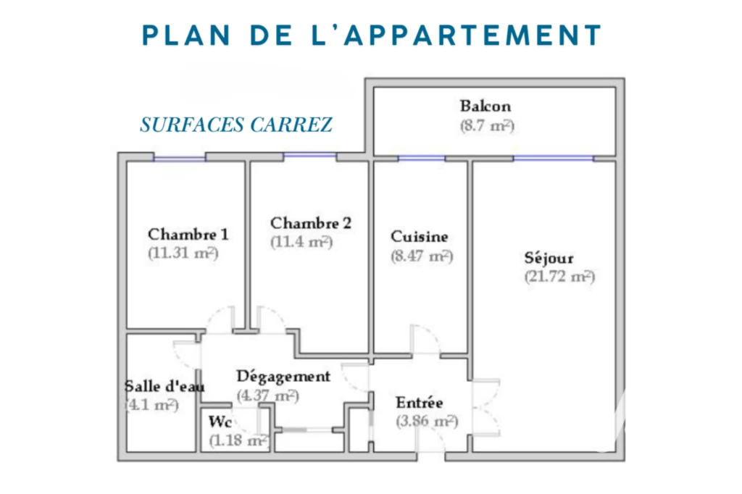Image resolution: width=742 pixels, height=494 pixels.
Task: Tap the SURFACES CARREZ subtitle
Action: tap(236, 125)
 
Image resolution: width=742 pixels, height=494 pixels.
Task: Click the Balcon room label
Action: tap(485, 106)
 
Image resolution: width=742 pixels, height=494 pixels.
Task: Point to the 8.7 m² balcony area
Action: tap(487, 126)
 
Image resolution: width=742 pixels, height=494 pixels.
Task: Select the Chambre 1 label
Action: tap(188, 234)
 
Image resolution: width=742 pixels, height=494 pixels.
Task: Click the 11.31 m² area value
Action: tap(183, 253)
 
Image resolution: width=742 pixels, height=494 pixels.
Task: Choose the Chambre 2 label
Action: tap(311, 222)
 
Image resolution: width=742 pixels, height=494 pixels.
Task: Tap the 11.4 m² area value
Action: tap(301, 242)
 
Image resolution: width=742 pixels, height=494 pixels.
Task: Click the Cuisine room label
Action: tap(420, 236)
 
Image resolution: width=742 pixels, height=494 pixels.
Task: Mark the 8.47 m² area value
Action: tap(422, 256)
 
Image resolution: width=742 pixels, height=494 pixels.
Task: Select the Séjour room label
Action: tap(549, 257)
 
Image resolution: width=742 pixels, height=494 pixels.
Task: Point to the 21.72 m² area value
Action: tap(560, 277)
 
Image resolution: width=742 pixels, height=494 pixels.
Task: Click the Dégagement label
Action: tap(283, 377)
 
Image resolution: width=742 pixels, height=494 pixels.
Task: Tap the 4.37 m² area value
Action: tap(268, 395)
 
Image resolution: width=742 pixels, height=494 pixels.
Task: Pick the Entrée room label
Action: tap(420, 402)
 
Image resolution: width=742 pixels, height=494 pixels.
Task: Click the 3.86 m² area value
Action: tap(427, 421)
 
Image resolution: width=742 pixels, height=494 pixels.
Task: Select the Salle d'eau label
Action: tap(164, 386)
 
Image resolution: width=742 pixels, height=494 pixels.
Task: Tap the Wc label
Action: tap(220, 421)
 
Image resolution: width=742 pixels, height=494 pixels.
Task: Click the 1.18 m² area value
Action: tap(239, 440)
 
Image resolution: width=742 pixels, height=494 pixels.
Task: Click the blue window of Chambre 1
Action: tap(180, 158)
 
